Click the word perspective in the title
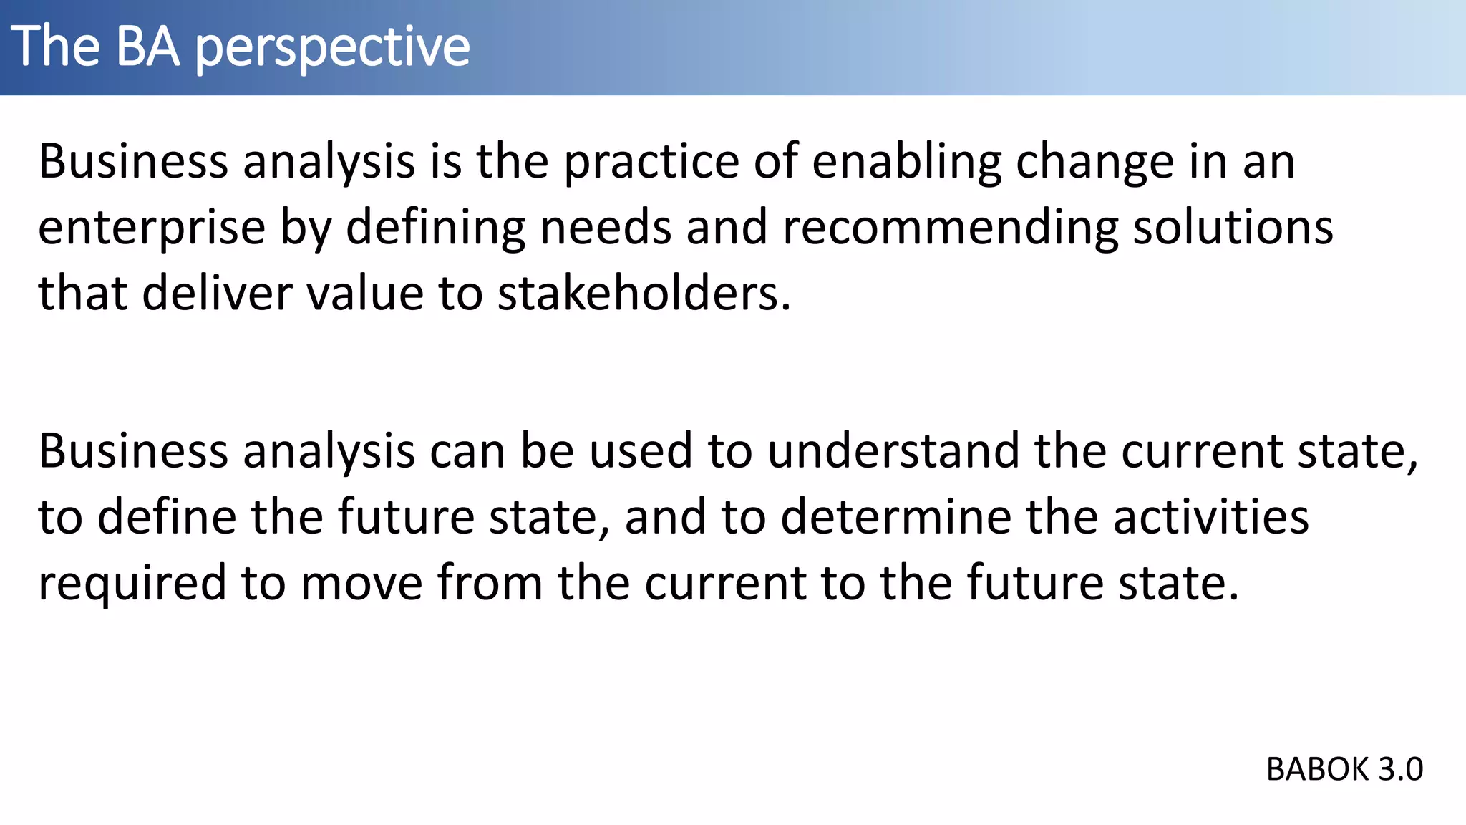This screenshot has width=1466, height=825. pos(332,47)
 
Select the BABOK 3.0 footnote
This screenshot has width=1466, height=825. pos(1344,770)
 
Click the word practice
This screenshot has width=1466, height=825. pos(651,162)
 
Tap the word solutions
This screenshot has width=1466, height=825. pos(1233,228)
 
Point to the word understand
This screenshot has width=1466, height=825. pos(893,452)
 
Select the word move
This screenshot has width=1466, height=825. pos(361,584)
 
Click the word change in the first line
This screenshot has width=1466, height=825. pos(1094,163)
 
